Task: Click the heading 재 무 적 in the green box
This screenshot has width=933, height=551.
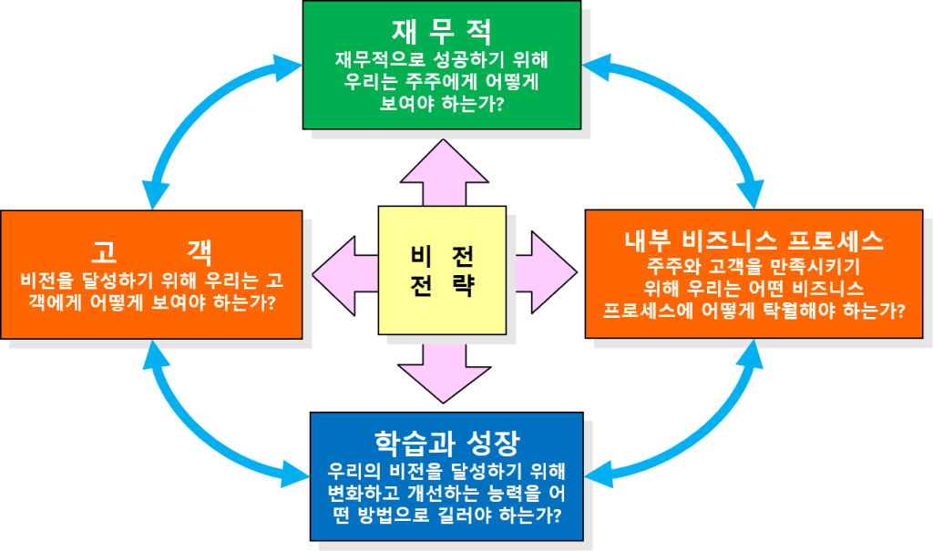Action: click(x=442, y=31)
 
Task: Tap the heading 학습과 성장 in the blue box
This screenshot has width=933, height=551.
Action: click(x=446, y=444)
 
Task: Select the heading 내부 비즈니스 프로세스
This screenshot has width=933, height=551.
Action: click(x=753, y=240)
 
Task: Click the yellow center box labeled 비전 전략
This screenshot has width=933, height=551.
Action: click(x=443, y=270)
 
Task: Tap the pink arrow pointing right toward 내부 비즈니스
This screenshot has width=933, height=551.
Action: click(x=542, y=271)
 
